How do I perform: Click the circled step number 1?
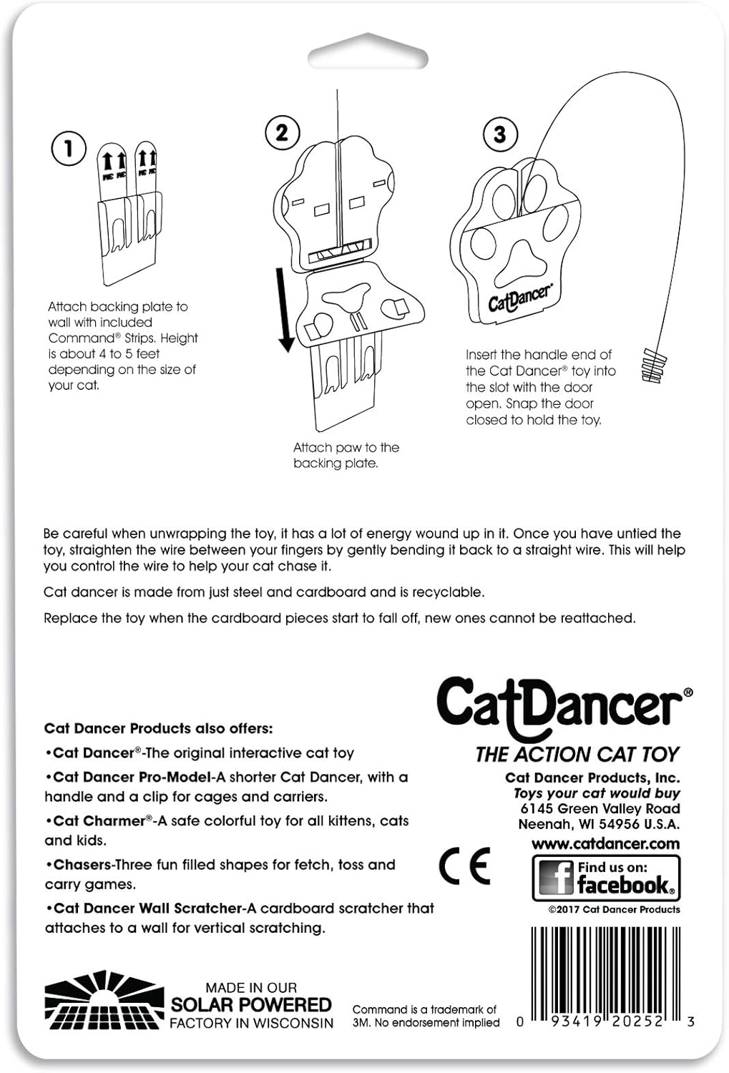pyautogui.click(x=69, y=149)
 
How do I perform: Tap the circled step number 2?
pyautogui.click(x=282, y=132)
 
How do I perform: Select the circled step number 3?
pyautogui.click(x=499, y=134)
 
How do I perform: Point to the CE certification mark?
pyautogui.click(x=464, y=866)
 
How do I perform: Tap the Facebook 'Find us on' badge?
pyautogui.click(x=606, y=878)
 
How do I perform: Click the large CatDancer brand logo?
pyautogui.click(x=562, y=707)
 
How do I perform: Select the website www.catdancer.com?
pyautogui.click(x=605, y=843)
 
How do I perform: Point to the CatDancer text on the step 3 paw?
pyautogui.click(x=520, y=298)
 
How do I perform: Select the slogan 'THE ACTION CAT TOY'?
pyautogui.click(x=577, y=755)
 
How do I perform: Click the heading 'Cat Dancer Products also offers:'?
pyautogui.click(x=158, y=728)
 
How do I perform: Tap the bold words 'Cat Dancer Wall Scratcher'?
pyautogui.click(x=148, y=908)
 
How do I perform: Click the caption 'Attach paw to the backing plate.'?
pyautogui.click(x=346, y=455)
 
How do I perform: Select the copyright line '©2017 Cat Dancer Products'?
pyautogui.click(x=614, y=909)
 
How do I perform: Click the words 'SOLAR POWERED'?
pyautogui.click(x=251, y=1004)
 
